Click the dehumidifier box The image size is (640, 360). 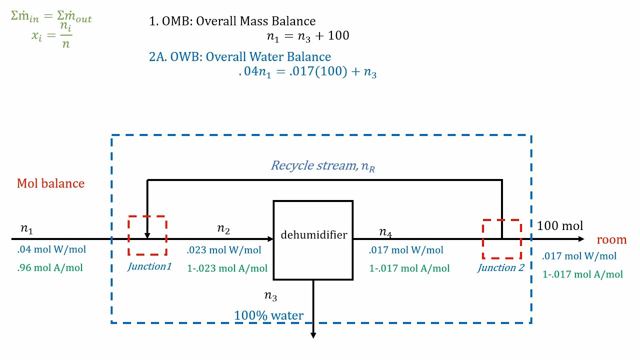click(x=313, y=240)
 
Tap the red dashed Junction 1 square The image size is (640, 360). click(x=147, y=235)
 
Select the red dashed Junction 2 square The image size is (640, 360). click(x=502, y=239)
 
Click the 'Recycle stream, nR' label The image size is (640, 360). click(x=323, y=165)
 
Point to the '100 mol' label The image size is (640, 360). click(x=560, y=226)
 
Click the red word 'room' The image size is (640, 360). click(x=611, y=239)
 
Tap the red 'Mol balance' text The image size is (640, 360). click(x=50, y=183)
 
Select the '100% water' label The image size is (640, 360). click(x=268, y=315)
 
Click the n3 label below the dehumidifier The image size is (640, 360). click(x=270, y=296)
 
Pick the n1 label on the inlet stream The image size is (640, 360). click(x=26, y=229)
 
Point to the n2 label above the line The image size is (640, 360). click(x=223, y=229)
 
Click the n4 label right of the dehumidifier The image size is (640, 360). click(x=385, y=232)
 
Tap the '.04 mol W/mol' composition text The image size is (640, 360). click(x=51, y=249)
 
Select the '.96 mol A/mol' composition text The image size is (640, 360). click(x=50, y=267)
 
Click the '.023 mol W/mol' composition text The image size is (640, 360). click(x=223, y=250)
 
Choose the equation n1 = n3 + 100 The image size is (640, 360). click(x=307, y=36)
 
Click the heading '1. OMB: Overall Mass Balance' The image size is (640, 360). click(x=232, y=21)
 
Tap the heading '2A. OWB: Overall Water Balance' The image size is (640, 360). click(x=240, y=57)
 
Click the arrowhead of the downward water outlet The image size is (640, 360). click(x=313, y=335)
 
